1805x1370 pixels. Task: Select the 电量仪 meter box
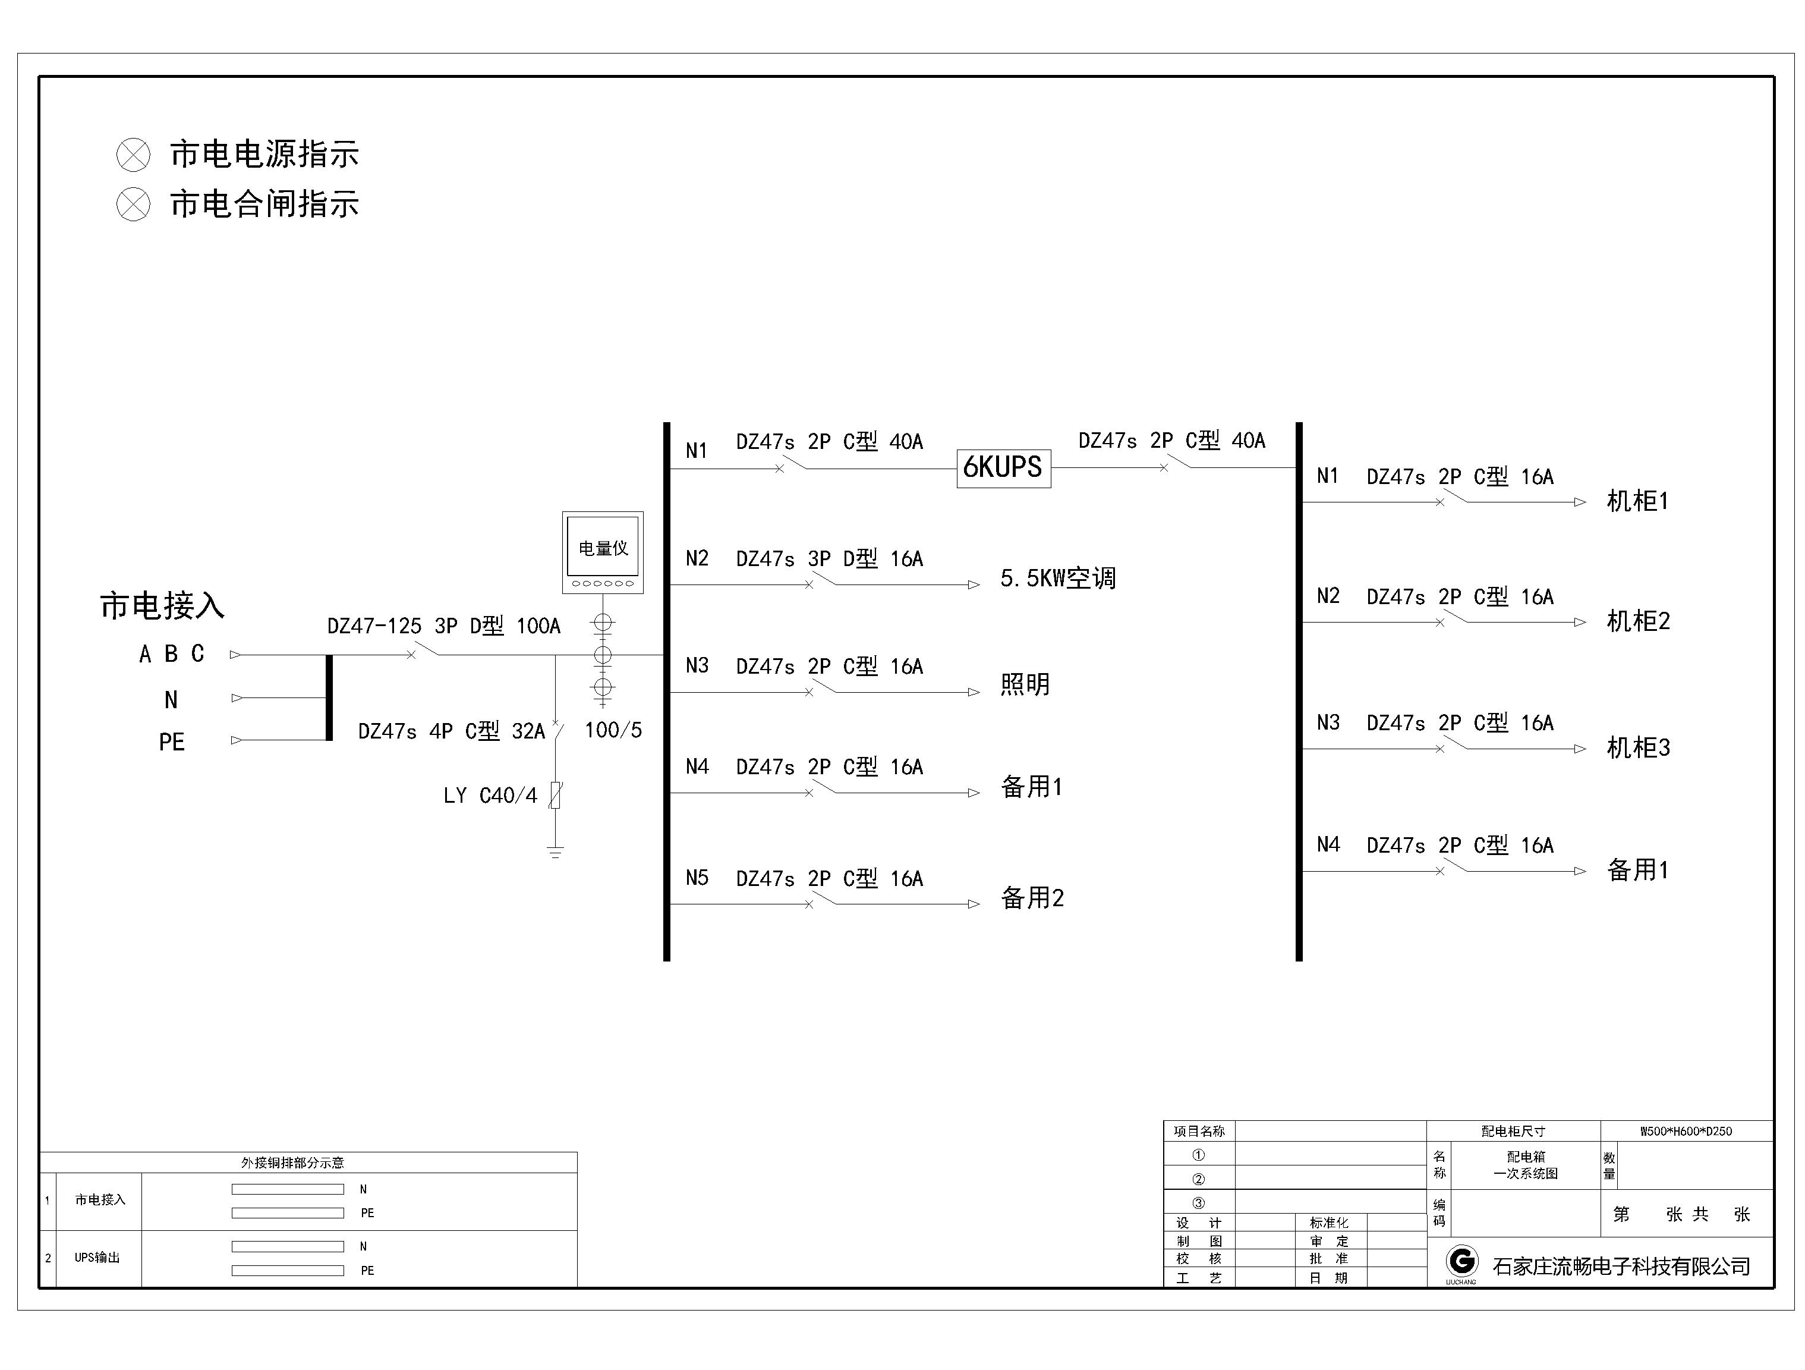pyautogui.click(x=603, y=552)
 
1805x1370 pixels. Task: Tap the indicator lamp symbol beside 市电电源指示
pyautogui.click(x=133, y=155)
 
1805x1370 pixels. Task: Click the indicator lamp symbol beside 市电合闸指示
pyautogui.click(x=133, y=204)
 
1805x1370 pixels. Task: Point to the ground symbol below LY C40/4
pyautogui.click(x=555, y=852)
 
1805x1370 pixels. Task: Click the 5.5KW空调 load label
pyautogui.click(x=1057, y=578)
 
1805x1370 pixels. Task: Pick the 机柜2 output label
pyautogui.click(x=1638, y=621)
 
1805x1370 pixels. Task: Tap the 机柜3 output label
pyautogui.click(x=1638, y=747)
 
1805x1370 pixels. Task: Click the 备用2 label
pyautogui.click(x=1032, y=898)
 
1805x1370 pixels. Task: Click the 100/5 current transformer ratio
pyautogui.click(x=613, y=730)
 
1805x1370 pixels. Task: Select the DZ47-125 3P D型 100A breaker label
pyautogui.click(x=444, y=626)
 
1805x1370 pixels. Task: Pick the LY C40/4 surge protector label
pyautogui.click(x=490, y=795)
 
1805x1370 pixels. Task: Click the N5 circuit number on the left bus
pyautogui.click(x=697, y=878)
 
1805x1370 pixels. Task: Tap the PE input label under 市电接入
pyautogui.click(x=171, y=742)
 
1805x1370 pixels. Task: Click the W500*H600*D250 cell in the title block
pyautogui.click(x=1686, y=1131)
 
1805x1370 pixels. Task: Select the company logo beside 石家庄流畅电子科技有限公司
pyautogui.click(x=1461, y=1262)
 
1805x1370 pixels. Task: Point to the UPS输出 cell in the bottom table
pyautogui.click(x=97, y=1258)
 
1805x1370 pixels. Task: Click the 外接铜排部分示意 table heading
pyautogui.click(x=292, y=1162)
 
